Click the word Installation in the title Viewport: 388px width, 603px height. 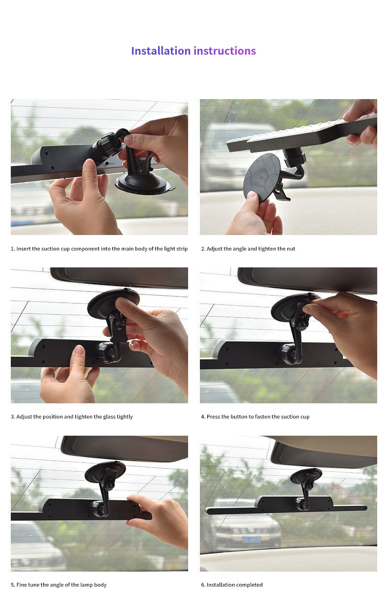[x=161, y=51]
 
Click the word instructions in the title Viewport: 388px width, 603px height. [x=225, y=51]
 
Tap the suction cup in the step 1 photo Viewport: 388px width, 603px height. [x=143, y=184]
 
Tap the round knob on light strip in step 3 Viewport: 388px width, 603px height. [x=107, y=352]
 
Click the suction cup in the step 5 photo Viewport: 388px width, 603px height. [x=105, y=472]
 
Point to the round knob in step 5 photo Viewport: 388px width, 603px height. [x=99, y=507]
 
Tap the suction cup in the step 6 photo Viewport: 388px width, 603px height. [x=306, y=476]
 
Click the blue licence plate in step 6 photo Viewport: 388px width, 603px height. [x=251, y=539]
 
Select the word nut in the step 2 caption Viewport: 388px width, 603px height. [x=291, y=249]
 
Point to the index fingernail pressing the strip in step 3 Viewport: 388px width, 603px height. [x=79, y=350]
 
